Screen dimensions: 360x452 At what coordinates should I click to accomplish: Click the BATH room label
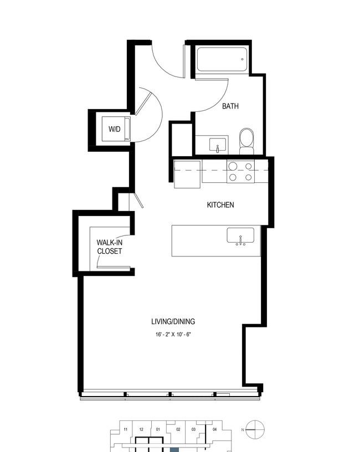(x=230, y=106)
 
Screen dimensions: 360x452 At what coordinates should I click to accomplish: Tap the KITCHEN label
(x=220, y=205)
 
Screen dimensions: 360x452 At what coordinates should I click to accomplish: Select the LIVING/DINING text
(x=173, y=321)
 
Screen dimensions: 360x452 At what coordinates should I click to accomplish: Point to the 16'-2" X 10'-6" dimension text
(x=173, y=335)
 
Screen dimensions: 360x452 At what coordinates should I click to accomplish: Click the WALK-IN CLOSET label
(x=110, y=246)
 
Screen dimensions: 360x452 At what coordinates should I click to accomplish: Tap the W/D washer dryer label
(x=115, y=129)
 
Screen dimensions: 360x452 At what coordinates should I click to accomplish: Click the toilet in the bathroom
(x=247, y=141)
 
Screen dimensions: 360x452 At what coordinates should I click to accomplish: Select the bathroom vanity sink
(x=218, y=145)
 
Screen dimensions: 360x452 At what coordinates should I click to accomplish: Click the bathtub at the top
(x=222, y=59)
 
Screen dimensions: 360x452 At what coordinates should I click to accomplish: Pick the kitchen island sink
(x=240, y=236)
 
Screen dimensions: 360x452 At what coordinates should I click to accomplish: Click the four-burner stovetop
(x=241, y=172)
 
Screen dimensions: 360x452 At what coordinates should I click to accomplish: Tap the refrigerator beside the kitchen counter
(x=187, y=174)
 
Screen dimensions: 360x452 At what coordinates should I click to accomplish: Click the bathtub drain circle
(x=242, y=59)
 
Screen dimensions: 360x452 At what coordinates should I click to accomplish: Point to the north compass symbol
(x=255, y=429)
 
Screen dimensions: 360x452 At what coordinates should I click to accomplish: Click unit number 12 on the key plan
(x=141, y=429)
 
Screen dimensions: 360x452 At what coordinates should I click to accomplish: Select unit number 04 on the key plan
(x=215, y=429)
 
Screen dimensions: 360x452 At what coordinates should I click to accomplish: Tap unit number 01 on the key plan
(x=158, y=429)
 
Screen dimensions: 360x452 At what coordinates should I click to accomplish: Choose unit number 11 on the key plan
(x=125, y=429)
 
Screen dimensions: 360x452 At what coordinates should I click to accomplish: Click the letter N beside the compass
(x=243, y=430)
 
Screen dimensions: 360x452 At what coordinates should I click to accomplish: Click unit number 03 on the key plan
(x=193, y=429)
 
